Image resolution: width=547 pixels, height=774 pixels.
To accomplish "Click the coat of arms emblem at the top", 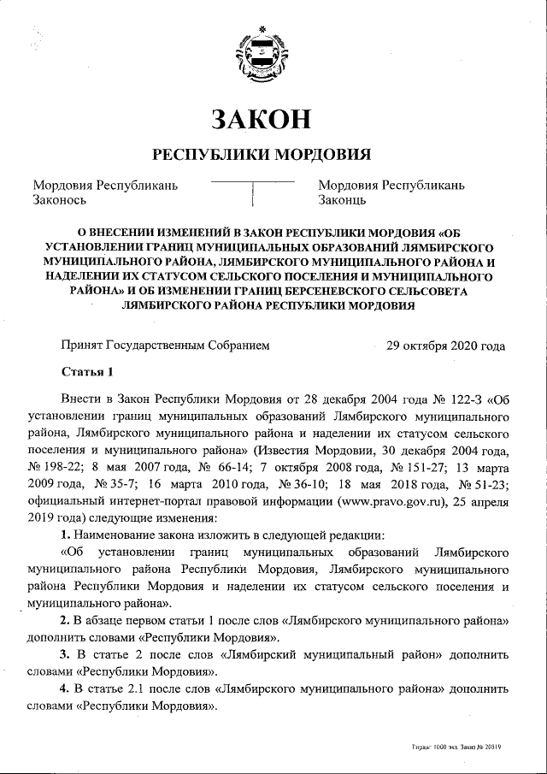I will coord(260,57).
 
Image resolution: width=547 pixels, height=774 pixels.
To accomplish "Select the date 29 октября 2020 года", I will coord(445,346).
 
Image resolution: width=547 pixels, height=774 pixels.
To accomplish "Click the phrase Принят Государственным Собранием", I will coord(165,346).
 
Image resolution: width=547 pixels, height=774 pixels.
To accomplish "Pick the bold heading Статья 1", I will coord(87,373).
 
